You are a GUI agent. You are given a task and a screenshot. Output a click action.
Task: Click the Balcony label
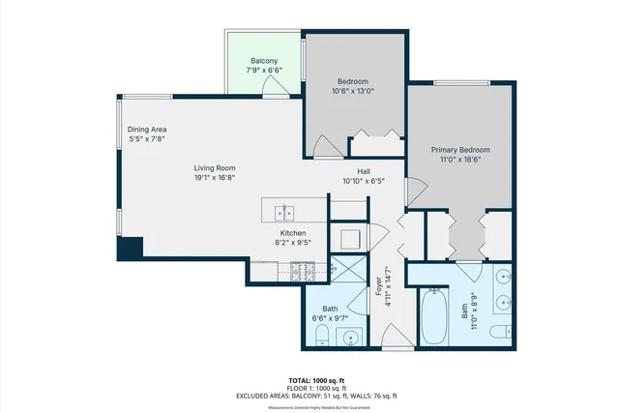pos(264,60)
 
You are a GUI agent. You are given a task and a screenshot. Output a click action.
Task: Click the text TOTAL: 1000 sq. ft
pos(309,379)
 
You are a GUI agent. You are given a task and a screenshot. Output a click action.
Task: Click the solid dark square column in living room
pos(130,247)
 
